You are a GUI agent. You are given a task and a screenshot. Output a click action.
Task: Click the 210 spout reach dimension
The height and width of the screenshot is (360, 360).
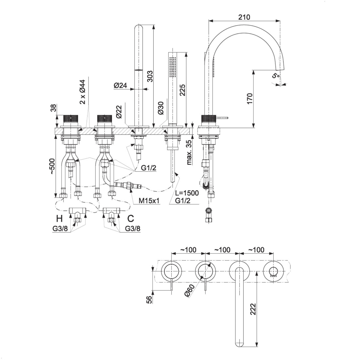point(244,17)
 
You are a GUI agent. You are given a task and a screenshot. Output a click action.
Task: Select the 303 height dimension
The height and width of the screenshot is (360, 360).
point(150,76)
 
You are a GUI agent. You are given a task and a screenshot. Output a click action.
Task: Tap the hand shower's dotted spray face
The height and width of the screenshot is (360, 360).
point(172,66)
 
